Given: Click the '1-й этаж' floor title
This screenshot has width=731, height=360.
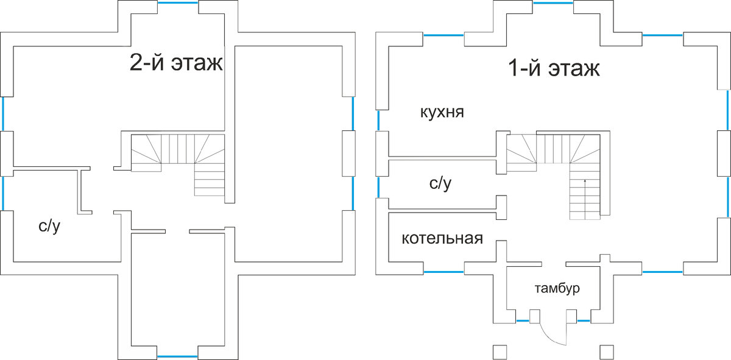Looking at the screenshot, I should (x=554, y=68).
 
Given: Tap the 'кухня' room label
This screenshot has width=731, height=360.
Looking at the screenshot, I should (x=442, y=113).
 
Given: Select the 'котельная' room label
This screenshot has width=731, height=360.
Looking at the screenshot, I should (x=442, y=238).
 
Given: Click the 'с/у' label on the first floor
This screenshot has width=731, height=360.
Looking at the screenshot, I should (x=440, y=183).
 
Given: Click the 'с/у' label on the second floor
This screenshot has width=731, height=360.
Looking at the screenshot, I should (x=49, y=227).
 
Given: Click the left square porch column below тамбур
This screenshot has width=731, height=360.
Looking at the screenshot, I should (x=500, y=351).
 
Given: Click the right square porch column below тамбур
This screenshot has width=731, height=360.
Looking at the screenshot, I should (x=606, y=351).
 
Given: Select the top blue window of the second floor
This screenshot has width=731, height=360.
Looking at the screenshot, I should (x=178, y=2).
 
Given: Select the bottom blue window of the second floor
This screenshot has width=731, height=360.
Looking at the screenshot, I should (x=177, y=356).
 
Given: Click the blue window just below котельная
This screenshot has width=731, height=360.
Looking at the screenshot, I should (x=444, y=272).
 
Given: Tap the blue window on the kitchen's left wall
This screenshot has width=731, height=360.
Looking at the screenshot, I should (x=378, y=120).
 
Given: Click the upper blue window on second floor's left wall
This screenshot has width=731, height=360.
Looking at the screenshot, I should (x=2, y=113).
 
